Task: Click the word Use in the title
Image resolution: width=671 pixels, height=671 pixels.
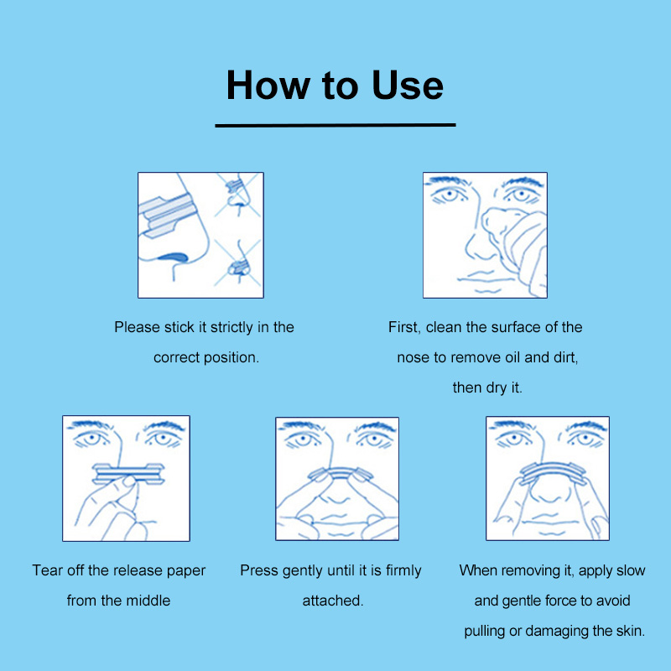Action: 408,86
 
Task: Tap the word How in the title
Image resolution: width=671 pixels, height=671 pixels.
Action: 268,86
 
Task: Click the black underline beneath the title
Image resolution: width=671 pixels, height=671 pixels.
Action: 335,125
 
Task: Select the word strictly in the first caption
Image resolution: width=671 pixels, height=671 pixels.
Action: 231,327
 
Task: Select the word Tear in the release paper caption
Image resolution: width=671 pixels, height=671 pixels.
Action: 48,570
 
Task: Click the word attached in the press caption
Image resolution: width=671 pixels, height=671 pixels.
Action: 333,601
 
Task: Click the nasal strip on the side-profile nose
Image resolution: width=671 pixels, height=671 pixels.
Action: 168,215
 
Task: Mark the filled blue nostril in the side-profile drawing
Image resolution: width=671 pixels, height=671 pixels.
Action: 174,257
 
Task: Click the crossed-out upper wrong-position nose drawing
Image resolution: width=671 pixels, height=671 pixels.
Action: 237,195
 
